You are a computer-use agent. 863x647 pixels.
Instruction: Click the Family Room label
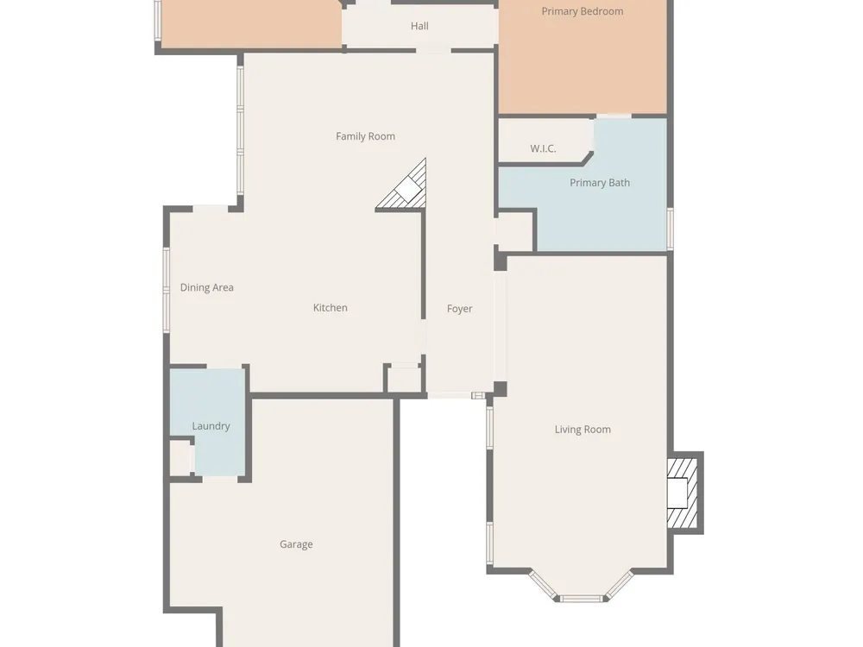(365, 136)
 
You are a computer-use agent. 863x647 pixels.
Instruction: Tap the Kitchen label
(331, 308)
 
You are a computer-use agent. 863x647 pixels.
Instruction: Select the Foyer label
(460, 309)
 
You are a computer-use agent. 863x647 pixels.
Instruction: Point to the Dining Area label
(207, 287)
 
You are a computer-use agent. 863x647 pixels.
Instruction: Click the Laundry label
(211, 426)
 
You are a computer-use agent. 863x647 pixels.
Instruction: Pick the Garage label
(296, 544)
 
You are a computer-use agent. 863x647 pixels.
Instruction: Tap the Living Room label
(583, 430)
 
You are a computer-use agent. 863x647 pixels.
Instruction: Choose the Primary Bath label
(600, 183)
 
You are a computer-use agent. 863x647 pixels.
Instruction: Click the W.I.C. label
(543, 148)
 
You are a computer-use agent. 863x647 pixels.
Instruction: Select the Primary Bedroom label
(583, 11)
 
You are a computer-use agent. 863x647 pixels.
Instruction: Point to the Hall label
(419, 26)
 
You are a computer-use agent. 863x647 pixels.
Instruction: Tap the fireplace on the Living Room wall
(683, 493)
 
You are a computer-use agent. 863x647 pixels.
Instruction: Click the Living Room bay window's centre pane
(581, 599)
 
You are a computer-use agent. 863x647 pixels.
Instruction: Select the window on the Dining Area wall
(167, 289)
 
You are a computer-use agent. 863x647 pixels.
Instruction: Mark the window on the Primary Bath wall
(671, 229)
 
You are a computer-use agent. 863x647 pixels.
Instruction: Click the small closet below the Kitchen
(404, 379)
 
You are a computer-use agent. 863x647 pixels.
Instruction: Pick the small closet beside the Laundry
(181, 458)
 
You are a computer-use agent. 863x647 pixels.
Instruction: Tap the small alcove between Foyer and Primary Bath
(514, 231)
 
